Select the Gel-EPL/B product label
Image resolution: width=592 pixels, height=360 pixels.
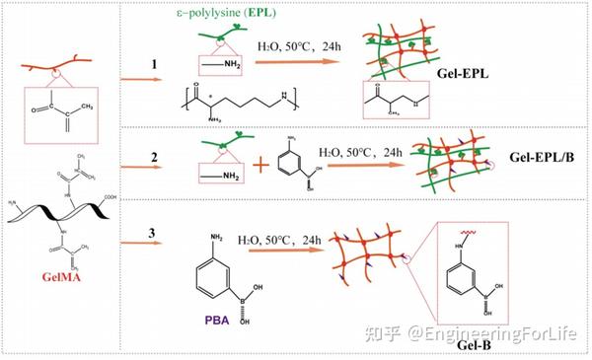[541, 156]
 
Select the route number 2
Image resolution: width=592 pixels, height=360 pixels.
[153, 157]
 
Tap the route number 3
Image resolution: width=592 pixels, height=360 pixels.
[153, 234]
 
